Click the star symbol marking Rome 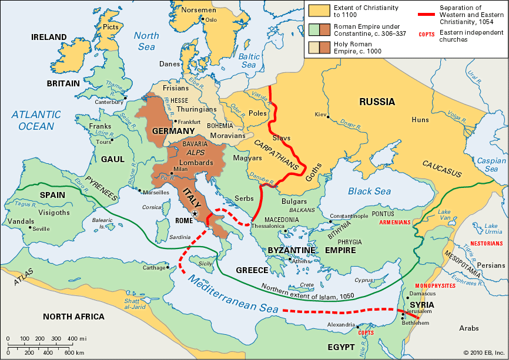tap(195, 214)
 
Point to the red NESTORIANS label tap(487, 243)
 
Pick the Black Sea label tap(369, 191)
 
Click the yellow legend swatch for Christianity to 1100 tap(317, 9)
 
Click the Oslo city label tap(211, 19)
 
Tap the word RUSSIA tap(377, 102)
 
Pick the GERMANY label tap(173, 130)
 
